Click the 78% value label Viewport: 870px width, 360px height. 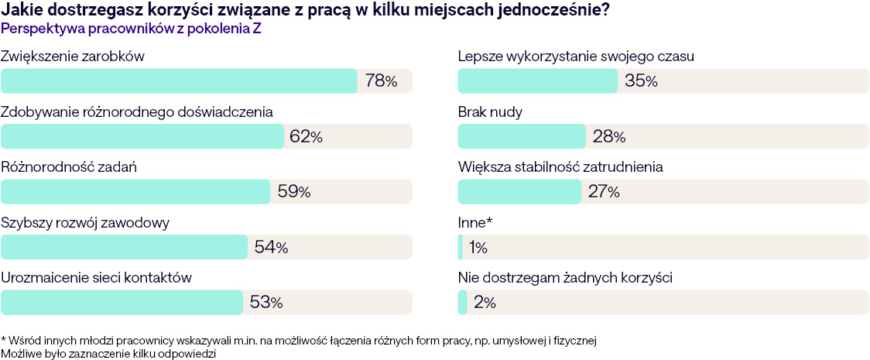(x=381, y=81)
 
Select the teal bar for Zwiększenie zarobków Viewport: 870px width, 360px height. (x=179, y=81)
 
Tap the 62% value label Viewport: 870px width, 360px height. (x=305, y=136)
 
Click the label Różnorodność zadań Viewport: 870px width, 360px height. (x=69, y=167)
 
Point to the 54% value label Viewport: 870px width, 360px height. (x=271, y=248)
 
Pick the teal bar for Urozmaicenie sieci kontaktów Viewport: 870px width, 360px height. (x=122, y=303)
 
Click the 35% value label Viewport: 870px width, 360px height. (x=641, y=81)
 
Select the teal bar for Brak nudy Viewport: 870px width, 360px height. (x=522, y=136)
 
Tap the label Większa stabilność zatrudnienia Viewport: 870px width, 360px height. (x=560, y=167)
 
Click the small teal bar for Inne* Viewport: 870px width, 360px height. (x=461, y=248)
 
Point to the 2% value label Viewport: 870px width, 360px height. (x=485, y=303)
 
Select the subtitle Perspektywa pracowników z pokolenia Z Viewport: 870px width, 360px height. (x=130, y=29)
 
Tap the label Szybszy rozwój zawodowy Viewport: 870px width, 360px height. (x=85, y=223)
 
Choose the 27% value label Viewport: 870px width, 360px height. (x=604, y=192)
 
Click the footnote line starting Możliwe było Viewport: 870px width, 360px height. (x=108, y=353)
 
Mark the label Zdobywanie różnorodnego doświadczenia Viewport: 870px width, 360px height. (x=137, y=111)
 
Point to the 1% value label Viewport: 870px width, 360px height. (x=478, y=248)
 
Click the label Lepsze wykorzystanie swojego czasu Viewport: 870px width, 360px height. (x=576, y=57)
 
